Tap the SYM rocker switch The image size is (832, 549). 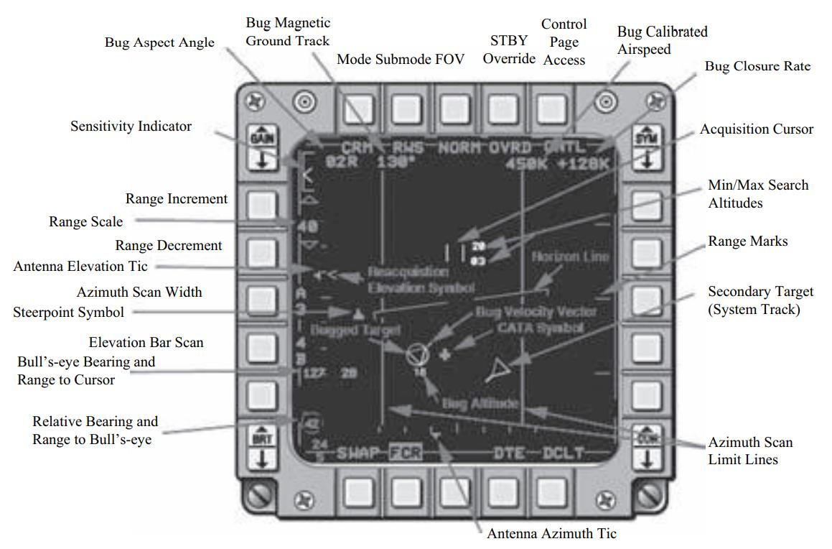pyautogui.click(x=648, y=149)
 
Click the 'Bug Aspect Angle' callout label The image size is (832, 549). pyautogui.click(x=159, y=42)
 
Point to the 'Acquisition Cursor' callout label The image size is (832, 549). pyautogui.click(x=757, y=129)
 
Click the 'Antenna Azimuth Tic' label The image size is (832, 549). pyautogui.click(x=551, y=534)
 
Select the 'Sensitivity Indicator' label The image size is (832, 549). pyautogui.click(x=131, y=126)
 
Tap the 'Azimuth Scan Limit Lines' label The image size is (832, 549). pyautogui.click(x=750, y=451)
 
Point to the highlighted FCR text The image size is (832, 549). pyautogui.click(x=406, y=453)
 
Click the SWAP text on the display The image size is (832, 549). pyautogui.click(x=362, y=453)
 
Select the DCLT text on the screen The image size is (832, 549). pyautogui.click(x=563, y=453)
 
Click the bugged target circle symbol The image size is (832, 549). pyautogui.click(x=416, y=354)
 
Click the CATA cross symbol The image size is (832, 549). pyautogui.click(x=446, y=354)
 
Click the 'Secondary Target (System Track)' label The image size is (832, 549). pyautogui.click(x=760, y=301)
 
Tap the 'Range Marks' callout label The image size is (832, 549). pyautogui.click(x=747, y=241)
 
